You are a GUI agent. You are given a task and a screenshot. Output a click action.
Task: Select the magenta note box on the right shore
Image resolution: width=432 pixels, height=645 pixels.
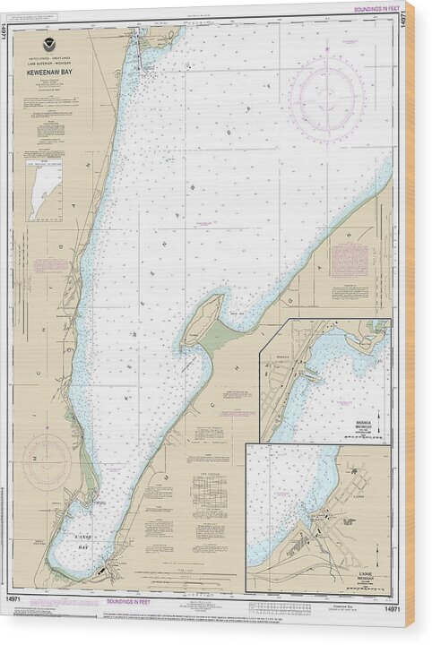point(349,261)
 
